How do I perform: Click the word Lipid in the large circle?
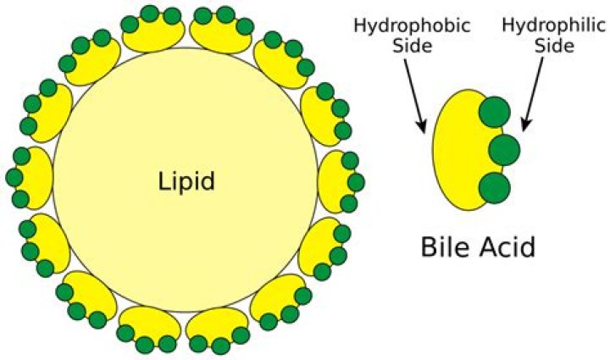click(x=187, y=180)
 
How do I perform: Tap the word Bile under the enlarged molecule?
click(x=443, y=248)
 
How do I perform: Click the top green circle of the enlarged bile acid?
click(x=495, y=114)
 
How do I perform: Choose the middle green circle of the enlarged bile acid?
click(x=504, y=150)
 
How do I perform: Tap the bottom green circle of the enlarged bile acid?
click(x=495, y=187)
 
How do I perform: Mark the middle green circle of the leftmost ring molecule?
click(x=14, y=177)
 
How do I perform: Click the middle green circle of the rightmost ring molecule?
click(x=356, y=182)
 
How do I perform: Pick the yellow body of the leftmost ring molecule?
click(x=39, y=177)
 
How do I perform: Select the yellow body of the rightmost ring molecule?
click(x=331, y=181)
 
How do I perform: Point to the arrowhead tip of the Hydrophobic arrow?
click(x=423, y=132)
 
